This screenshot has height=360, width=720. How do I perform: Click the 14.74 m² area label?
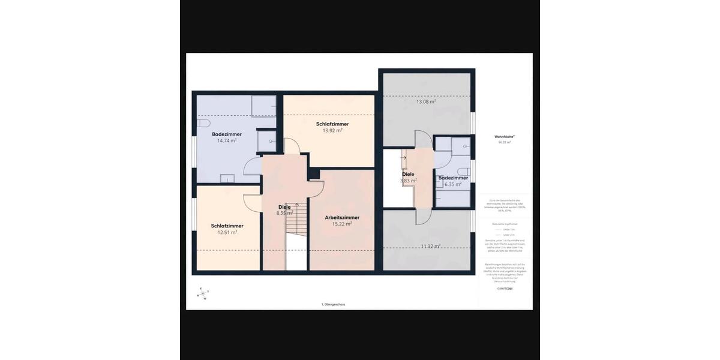(x=226, y=140)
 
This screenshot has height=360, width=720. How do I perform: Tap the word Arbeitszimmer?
(x=342, y=217)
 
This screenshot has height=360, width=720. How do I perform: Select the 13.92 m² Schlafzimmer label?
(x=332, y=130)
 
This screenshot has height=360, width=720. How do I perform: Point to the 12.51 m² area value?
(x=227, y=232)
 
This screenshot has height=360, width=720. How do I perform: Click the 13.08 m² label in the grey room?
(x=426, y=101)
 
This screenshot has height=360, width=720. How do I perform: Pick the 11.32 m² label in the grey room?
(x=430, y=246)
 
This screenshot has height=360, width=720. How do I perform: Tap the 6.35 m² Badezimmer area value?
(x=453, y=184)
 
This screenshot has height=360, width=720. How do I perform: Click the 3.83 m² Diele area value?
(x=408, y=180)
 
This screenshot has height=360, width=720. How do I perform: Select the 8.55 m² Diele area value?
(x=284, y=213)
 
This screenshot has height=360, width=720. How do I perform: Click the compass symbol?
(x=203, y=293)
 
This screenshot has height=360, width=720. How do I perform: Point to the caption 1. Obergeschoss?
(x=333, y=304)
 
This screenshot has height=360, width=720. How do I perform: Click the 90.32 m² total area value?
(x=504, y=143)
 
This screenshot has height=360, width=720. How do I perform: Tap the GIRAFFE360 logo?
(x=505, y=289)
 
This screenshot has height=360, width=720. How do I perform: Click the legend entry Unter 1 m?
(x=506, y=229)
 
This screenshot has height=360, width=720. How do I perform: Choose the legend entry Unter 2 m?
(x=506, y=235)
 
